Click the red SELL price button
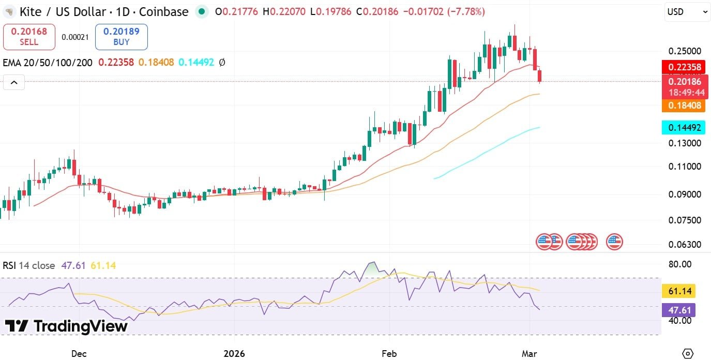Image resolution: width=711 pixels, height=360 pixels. [x=29, y=37]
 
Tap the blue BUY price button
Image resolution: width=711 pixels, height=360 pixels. [x=121, y=37]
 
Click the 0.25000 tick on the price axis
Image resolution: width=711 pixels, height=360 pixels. [x=685, y=51]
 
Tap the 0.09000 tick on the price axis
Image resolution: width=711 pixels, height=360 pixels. [x=685, y=194]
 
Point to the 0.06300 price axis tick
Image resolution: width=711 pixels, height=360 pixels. [x=685, y=244]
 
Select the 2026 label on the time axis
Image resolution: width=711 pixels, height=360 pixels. [x=233, y=354]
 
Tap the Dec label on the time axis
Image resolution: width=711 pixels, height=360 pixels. [x=79, y=354]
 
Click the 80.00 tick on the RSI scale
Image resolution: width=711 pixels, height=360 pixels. [x=679, y=264]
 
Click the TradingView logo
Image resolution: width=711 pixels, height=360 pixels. [x=66, y=326]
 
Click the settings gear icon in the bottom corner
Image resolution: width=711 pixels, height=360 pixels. [x=687, y=353]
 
